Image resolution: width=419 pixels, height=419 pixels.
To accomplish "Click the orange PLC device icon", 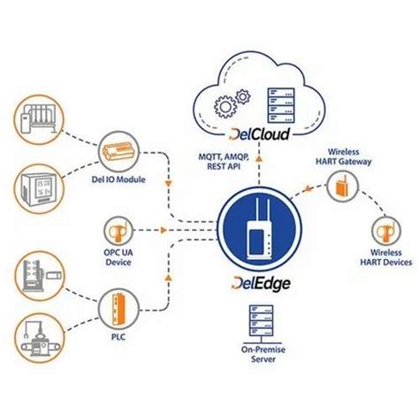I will point(121,305).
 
